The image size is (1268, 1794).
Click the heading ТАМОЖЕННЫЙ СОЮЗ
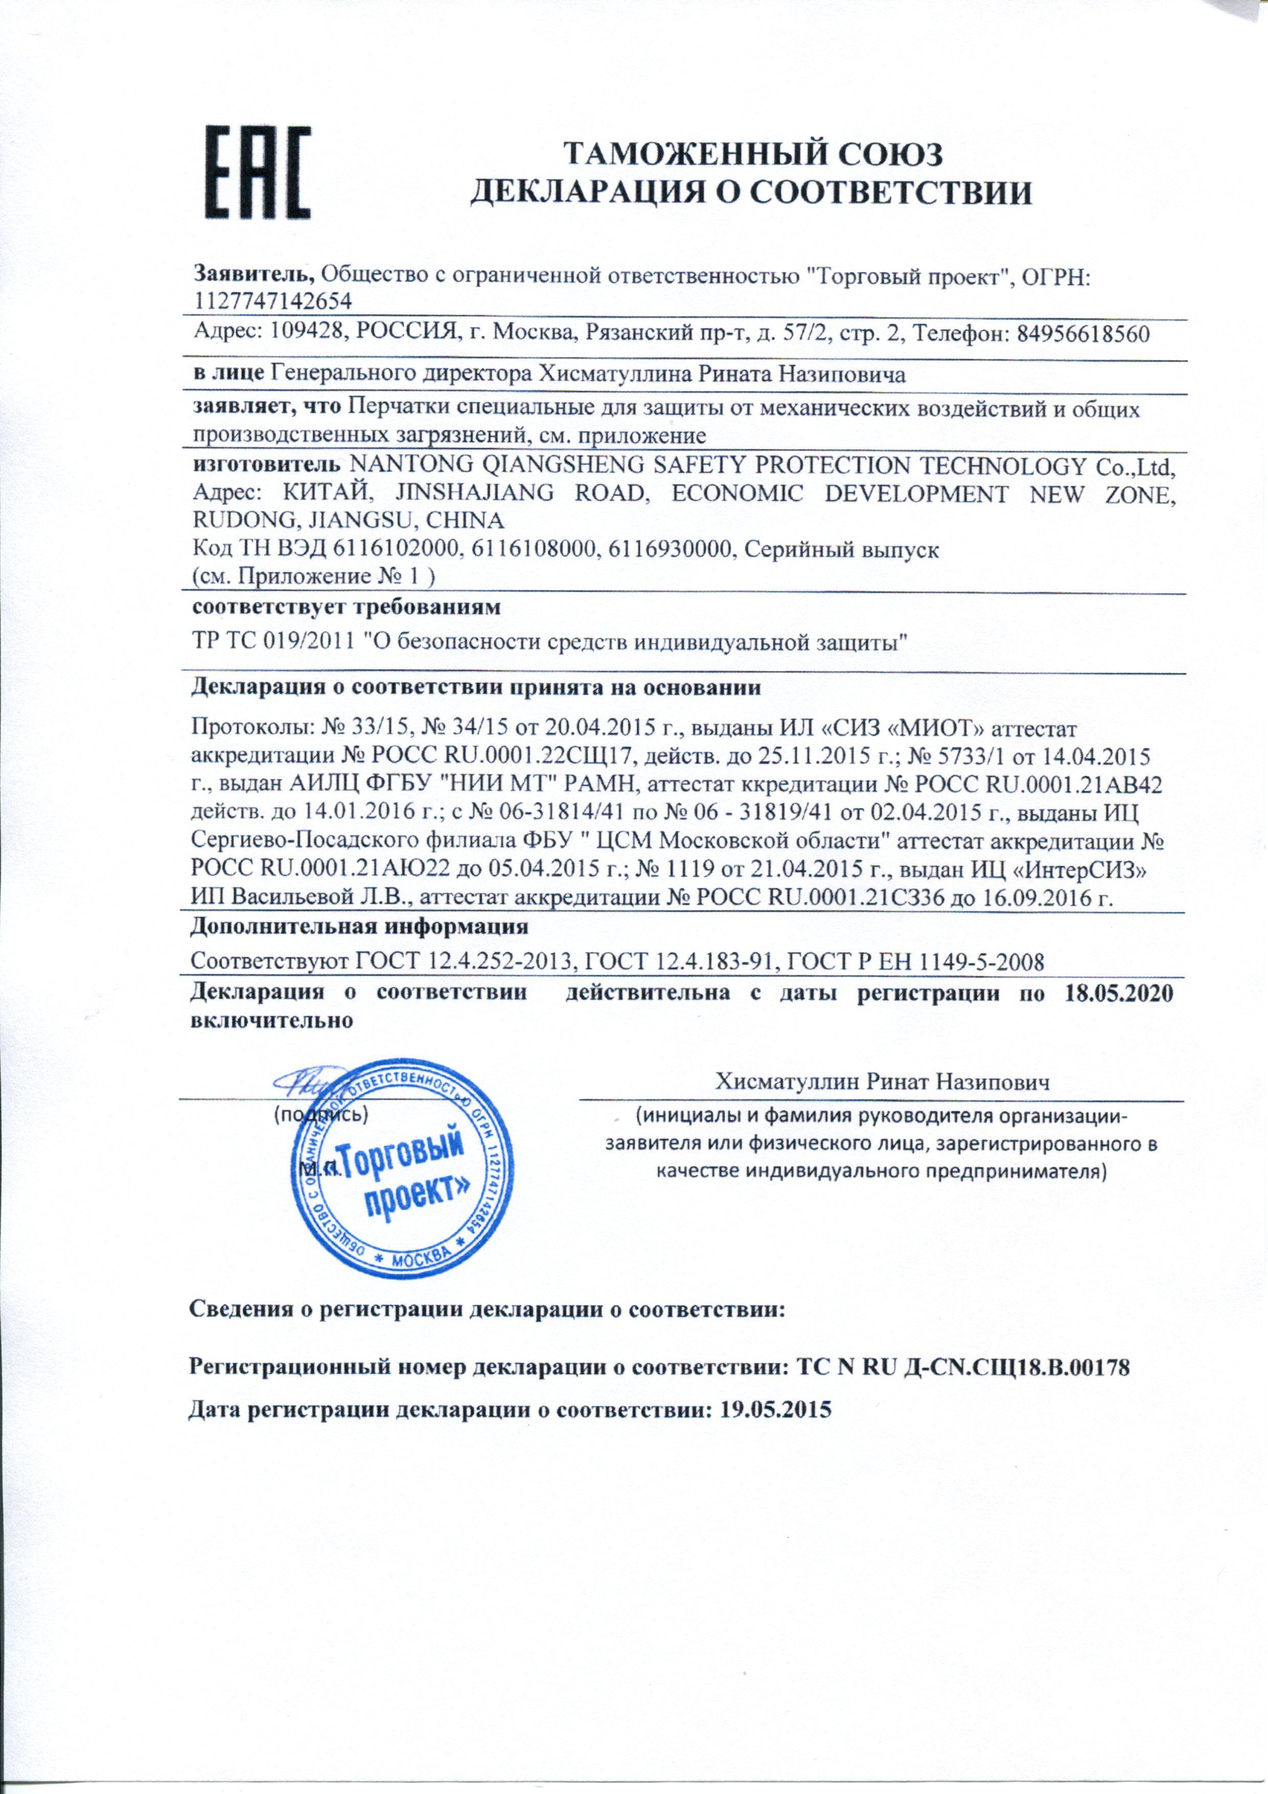pos(753,154)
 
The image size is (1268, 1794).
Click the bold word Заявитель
pos(254,275)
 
